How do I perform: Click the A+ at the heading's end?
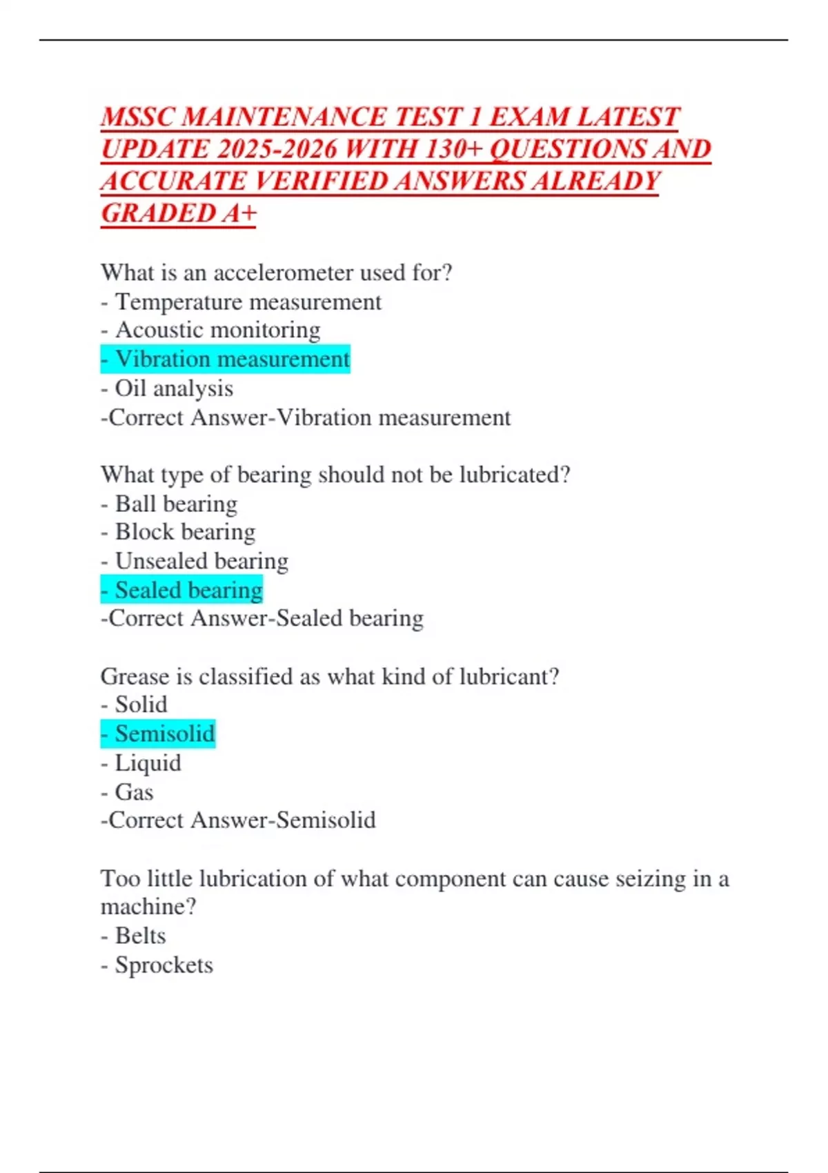pos(239,213)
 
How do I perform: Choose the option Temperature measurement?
pos(248,302)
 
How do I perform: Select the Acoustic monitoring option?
pos(217,331)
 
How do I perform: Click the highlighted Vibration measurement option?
pos(232,359)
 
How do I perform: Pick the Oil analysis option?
pos(174,388)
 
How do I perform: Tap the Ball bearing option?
pos(176,504)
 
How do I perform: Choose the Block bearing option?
pos(185,532)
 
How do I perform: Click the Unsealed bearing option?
pos(201,561)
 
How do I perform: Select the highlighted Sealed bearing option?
pos(188,590)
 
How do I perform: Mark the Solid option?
pos(141,704)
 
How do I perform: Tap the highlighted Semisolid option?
pos(165,733)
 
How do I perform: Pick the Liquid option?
pos(148,763)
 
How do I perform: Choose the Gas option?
pos(134,792)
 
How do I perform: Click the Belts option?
pos(140,936)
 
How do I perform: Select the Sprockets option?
pos(164,965)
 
